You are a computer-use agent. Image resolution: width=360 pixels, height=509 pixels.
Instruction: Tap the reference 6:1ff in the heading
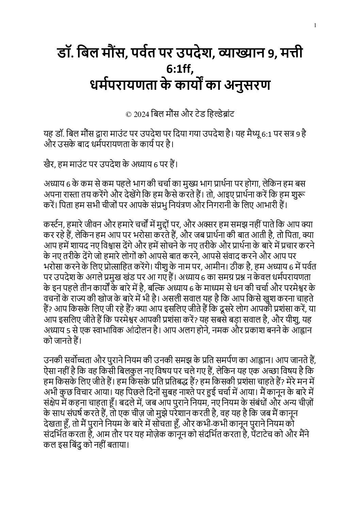pyautogui.click(x=180, y=69)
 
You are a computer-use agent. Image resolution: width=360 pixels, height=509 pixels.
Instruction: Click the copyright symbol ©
pyautogui.click(x=128, y=115)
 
